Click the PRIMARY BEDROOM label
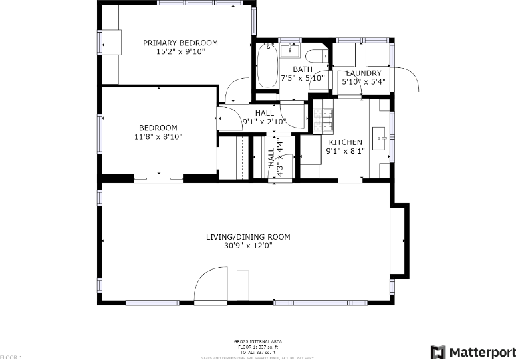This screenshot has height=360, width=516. (180, 43)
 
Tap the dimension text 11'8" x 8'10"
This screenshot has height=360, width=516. (158, 137)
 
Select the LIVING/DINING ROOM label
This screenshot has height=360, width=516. (248, 236)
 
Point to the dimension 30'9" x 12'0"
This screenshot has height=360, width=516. (248, 246)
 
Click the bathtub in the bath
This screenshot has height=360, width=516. (267, 65)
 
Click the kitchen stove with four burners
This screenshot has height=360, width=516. (328, 119)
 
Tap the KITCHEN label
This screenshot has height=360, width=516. (345, 142)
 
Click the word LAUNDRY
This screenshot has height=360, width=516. (364, 73)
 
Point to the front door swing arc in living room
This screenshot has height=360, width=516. (210, 284)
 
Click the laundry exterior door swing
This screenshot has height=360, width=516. (406, 79)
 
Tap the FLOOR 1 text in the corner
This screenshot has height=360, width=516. (11, 357)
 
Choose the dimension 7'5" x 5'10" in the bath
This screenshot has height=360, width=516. (303, 78)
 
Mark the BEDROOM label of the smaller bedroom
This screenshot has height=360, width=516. (158, 128)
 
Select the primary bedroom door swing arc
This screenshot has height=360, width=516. (237, 89)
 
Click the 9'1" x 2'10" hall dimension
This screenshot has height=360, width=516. (264, 122)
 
